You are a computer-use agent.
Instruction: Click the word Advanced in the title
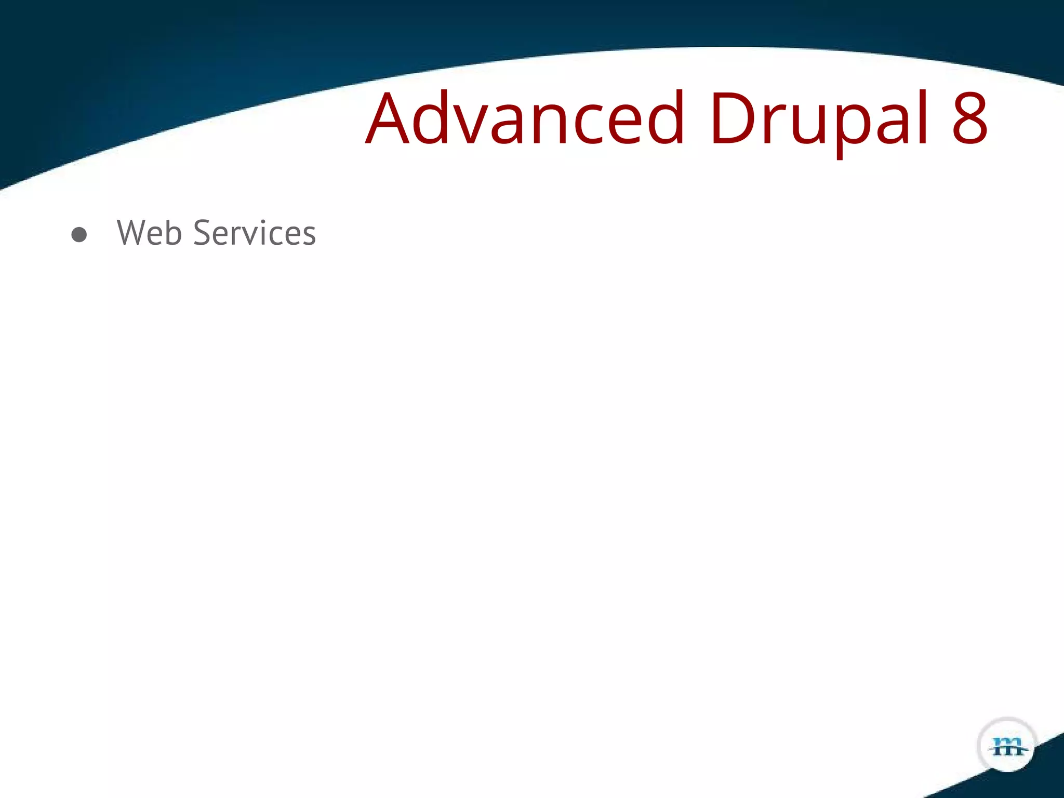(525, 118)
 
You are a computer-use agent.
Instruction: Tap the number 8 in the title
(969, 118)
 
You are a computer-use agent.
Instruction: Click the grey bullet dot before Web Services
(79, 235)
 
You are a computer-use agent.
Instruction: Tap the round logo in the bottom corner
(1007, 746)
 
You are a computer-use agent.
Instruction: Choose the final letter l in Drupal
(923, 117)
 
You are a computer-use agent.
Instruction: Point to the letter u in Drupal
(805, 125)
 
